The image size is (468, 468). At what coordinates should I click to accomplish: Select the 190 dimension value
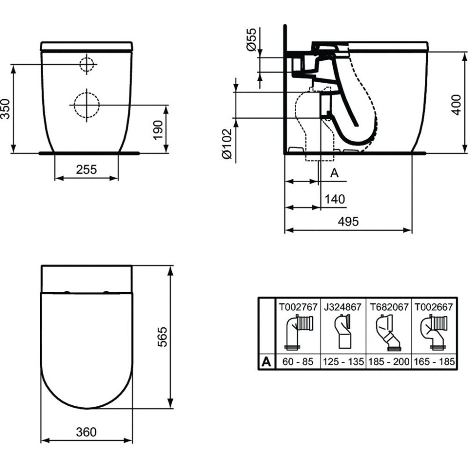pyautogui.click(x=158, y=129)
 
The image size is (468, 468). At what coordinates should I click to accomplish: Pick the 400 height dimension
pyautogui.click(x=460, y=102)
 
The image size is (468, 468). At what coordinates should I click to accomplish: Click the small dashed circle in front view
pyautogui.click(x=87, y=64)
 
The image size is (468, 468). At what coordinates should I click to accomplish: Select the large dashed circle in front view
pyautogui.click(x=87, y=105)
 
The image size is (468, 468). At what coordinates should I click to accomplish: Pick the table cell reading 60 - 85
pyautogui.click(x=297, y=362)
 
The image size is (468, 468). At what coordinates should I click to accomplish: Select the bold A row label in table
pyautogui.click(x=266, y=362)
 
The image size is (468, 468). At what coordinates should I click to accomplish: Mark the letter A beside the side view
pyautogui.click(x=334, y=173)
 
